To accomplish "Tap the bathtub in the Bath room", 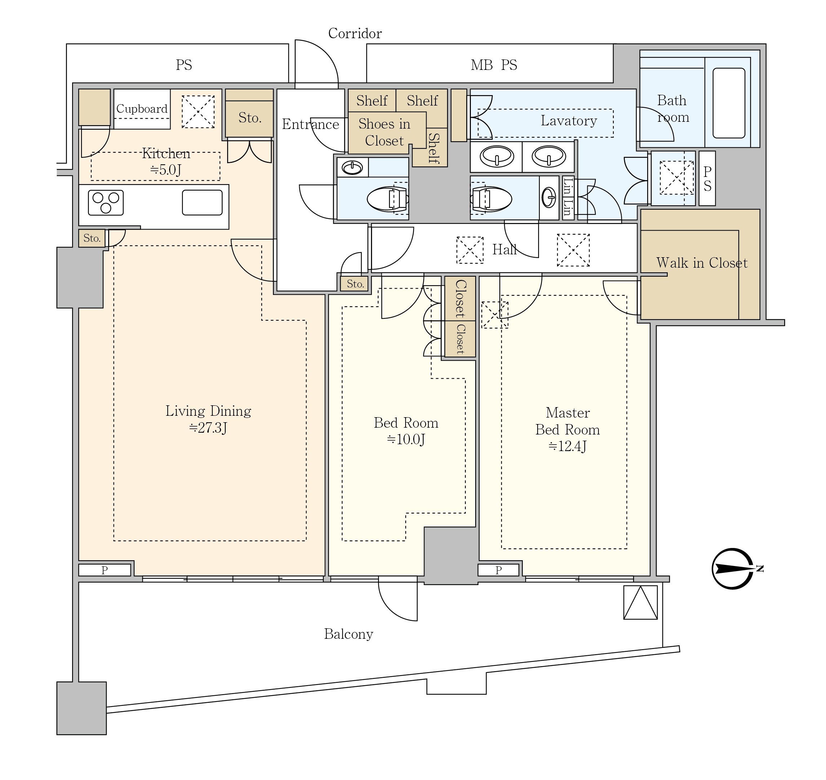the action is pyautogui.click(x=729, y=103).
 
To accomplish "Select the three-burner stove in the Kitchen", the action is pyautogui.click(x=106, y=202).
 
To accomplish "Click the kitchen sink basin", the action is pyautogui.click(x=202, y=202).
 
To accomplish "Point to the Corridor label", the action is pyautogui.click(x=355, y=34).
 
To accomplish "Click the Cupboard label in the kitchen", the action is pyautogui.click(x=142, y=109).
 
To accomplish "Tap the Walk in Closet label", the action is pyautogui.click(x=702, y=263).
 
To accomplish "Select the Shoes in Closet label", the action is pyautogui.click(x=384, y=132).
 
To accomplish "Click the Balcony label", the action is pyautogui.click(x=349, y=634).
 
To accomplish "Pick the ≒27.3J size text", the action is pyautogui.click(x=208, y=428).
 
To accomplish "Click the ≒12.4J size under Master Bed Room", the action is pyautogui.click(x=567, y=446).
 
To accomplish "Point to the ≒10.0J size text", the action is pyautogui.click(x=406, y=440).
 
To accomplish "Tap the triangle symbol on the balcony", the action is pyautogui.click(x=640, y=602).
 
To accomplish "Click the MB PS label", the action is pyautogui.click(x=494, y=65).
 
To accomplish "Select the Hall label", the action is pyautogui.click(x=504, y=249).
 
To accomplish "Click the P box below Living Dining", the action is pyautogui.click(x=105, y=570).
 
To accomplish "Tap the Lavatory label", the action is pyautogui.click(x=569, y=121).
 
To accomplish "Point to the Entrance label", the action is pyautogui.click(x=310, y=124).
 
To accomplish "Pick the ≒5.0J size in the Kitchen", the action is pyautogui.click(x=165, y=170).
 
